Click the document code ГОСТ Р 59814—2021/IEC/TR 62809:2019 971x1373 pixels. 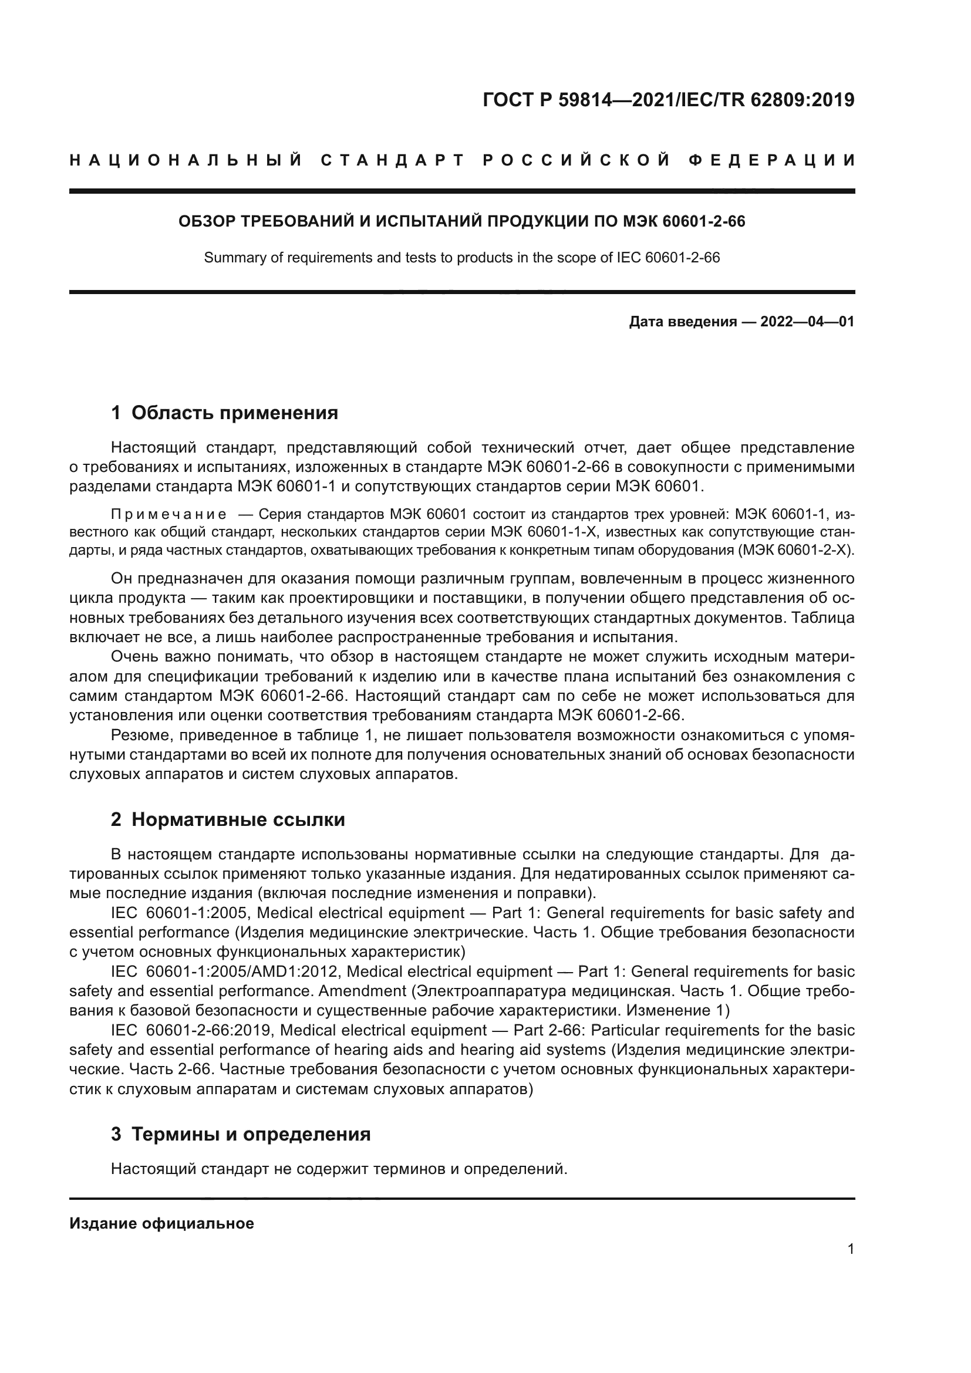(x=669, y=100)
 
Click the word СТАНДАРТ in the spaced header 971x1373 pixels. (x=393, y=160)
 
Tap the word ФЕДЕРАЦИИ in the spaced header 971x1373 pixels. (x=772, y=160)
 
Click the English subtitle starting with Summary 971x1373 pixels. (x=461, y=258)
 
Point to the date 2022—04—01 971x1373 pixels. (x=807, y=322)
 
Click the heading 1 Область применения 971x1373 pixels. (x=224, y=413)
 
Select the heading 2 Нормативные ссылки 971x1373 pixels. (x=228, y=819)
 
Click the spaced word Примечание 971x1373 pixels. (x=168, y=514)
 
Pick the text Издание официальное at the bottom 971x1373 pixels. (x=161, y=1223)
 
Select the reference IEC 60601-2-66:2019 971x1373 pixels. (x=192, y=1030)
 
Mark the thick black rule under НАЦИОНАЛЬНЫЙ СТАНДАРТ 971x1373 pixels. (x=461, y=191)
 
